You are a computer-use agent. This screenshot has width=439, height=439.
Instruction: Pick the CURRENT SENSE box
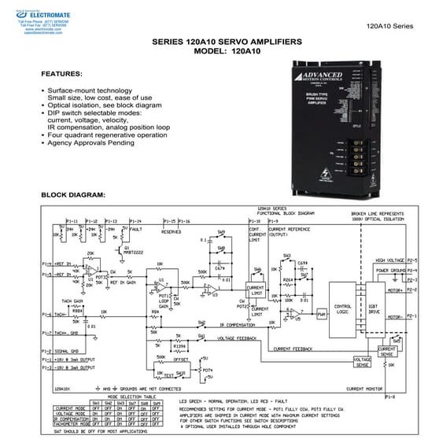click(x=387, y=352)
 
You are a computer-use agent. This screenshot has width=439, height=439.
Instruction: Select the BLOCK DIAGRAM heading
click(x=72, y=194)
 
